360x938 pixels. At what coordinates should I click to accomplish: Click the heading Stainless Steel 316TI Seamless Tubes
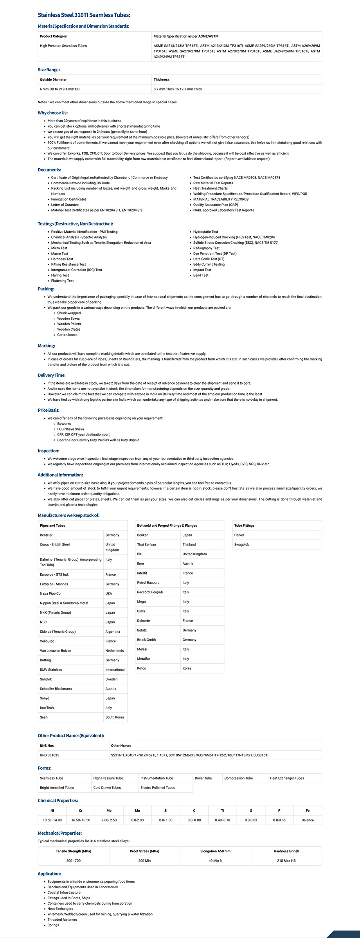[x=84, y=15]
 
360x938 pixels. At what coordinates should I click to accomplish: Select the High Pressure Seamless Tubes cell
[x=63, y=46]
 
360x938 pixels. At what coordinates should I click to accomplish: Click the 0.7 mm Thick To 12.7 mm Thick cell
[x=178, y=89]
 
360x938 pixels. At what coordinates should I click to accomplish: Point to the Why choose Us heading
[x=52, y=113]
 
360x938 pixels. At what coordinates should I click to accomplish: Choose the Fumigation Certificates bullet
[x=69, y=199]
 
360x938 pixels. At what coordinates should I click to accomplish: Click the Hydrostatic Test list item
[x=205, y=232]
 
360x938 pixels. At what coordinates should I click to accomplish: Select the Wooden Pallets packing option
[x=69, y=324]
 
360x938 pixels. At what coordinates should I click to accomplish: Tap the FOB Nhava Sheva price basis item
[x=70, y=429]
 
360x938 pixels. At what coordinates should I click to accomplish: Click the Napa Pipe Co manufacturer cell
[x=50, y=593]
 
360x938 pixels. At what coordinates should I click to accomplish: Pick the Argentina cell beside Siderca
[x=113, y=631]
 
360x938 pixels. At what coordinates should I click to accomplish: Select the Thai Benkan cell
[x=146, y=544]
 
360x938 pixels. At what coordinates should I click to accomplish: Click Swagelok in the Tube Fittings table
[x=241, y=544]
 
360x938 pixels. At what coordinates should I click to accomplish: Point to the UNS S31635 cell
[x=49, y=755]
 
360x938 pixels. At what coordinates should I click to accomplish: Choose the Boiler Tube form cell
[x=203, y=778]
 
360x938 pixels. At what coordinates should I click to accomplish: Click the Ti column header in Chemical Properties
[x=222, y=810]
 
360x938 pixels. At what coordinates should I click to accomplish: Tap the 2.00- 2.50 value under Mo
[x=109, y=820]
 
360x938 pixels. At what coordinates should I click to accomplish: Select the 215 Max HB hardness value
[x=286, y=861]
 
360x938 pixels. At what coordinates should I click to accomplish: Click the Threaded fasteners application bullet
[x=62, y=920]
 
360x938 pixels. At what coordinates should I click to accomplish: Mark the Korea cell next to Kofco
[x=187, y=668]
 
